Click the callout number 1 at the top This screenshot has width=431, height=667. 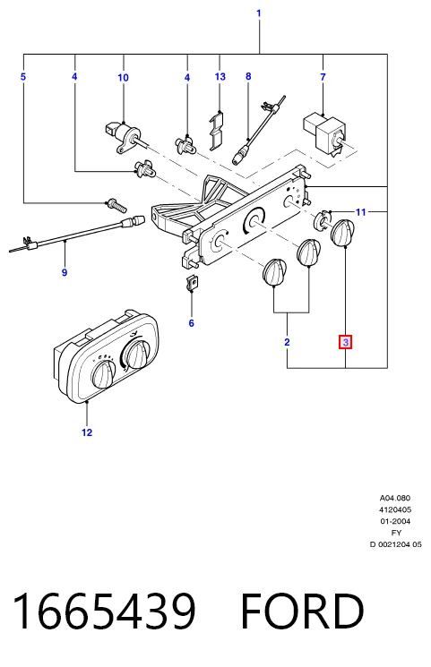(259, 13)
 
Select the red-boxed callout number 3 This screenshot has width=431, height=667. (345, 342)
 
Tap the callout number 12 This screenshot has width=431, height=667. (87, 432)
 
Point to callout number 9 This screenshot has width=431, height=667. (65, 272)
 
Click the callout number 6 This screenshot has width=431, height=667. (191, 323)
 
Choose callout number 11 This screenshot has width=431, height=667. (361, 212)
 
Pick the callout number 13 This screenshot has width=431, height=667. (220, 77)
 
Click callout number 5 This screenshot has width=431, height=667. (23, 77)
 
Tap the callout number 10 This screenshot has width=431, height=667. (123, 77)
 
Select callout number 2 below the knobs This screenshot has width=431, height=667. (287, 342)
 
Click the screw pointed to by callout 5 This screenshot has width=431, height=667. (116, 205)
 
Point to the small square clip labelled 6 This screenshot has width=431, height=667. (193, 282)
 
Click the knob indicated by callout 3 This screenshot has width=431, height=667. (342, 233)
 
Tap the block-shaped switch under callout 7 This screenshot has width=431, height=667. (325, 133)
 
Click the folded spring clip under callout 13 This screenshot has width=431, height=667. (217, 130)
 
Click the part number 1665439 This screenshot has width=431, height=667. (104, 611)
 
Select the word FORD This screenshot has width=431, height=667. (302, 611)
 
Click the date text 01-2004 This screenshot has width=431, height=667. (395, 521)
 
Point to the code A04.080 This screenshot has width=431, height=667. (395, 498)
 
